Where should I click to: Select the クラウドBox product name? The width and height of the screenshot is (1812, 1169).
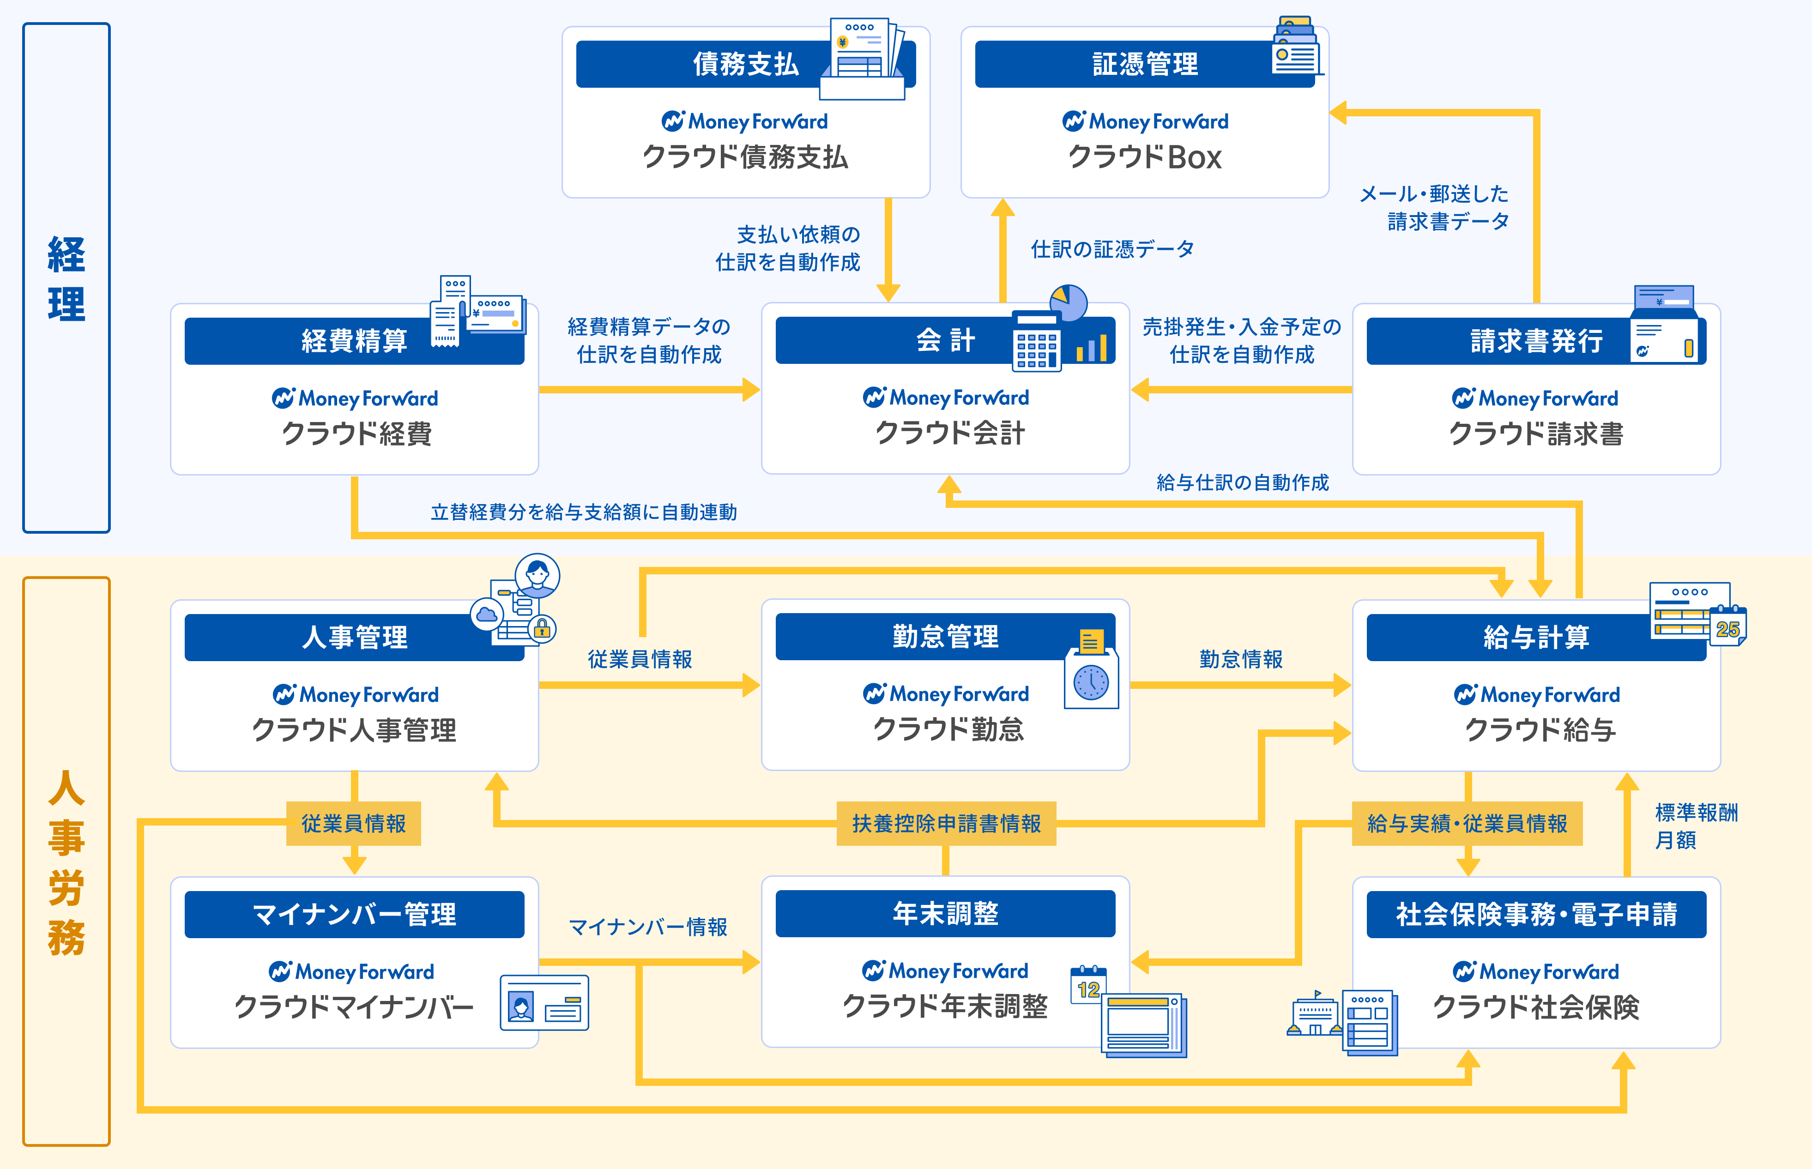1145,157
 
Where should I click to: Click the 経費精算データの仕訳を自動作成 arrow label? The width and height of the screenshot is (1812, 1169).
649,341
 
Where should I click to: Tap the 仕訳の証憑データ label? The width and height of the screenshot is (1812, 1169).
1112,249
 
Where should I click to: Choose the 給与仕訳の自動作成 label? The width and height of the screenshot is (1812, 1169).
1242,483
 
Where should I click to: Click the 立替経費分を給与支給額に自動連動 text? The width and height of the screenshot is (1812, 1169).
584,512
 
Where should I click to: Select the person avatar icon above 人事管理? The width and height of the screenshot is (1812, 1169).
538,575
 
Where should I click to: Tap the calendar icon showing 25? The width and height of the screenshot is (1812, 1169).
1728,628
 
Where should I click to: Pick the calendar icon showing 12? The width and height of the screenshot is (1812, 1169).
1088,986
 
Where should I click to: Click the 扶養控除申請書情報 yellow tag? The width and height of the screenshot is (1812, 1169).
946,824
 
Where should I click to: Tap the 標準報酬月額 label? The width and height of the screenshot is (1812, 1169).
1695,826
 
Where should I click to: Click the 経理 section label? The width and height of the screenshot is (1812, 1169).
66,278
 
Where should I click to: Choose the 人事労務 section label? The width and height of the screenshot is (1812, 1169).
66,862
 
